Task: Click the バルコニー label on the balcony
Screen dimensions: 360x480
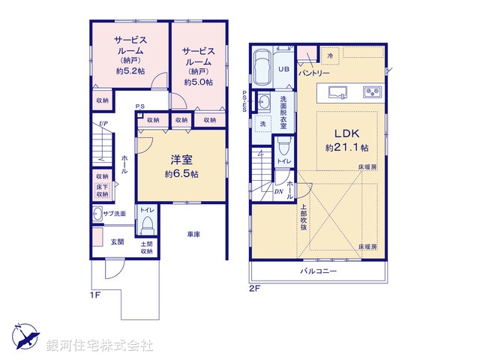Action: click(319, 271)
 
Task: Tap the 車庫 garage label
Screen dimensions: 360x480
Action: click(193, 235)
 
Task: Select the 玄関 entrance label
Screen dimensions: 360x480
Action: click(118, 241)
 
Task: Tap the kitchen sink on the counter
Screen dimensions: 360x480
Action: click(337, 92)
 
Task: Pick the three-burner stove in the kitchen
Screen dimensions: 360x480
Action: click(373, 92)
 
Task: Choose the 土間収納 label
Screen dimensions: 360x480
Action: click(146, 247)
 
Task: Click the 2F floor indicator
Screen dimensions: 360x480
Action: click(255, 288)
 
